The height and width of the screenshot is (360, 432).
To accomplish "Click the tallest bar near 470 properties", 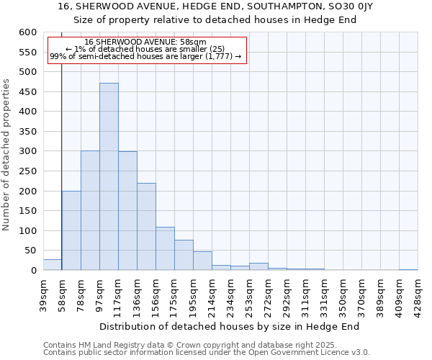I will pos(109,176).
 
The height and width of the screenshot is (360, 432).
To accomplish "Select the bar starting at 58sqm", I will pos(71,230).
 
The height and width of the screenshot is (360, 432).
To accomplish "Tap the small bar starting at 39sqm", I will pos(53,265).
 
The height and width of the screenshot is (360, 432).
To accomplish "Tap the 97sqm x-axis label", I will pos(99,293).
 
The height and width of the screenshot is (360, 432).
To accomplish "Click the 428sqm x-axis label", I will pos(418,293).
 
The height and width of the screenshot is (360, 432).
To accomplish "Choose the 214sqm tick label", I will pos(212,293).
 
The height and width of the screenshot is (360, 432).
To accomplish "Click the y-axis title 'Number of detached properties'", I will pos(7,155).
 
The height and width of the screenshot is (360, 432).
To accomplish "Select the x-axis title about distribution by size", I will pos(229,326).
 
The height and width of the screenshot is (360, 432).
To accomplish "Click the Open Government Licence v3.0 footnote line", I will pos(207,353).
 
